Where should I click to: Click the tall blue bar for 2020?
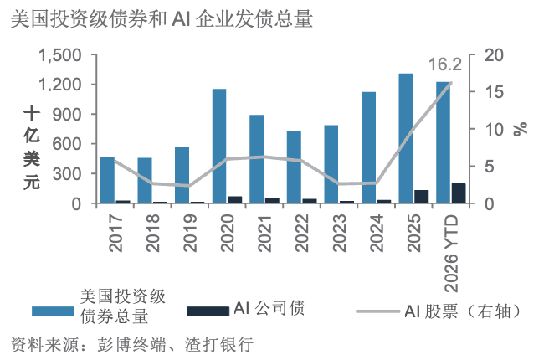[x=219, y=146]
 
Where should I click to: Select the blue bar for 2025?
[x=406, y=138]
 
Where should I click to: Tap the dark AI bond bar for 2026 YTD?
[x=459, y=193]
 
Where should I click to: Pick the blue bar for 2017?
[x=107, y=180]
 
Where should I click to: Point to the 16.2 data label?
[x=445, y=64]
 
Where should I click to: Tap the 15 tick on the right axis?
[x=494, y=92]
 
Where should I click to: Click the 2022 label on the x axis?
[x=302, y=233]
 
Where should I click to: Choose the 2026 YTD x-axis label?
[x=451, y=253]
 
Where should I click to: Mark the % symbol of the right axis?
[x=521, y=129]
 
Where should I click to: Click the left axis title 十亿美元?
[x=32, y=148]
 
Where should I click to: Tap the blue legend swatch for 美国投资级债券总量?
[x=53, y=311]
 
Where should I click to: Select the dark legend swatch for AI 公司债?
[x=208, y=311]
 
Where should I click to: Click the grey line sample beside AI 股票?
[x=377, y=311]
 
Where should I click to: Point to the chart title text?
[x=162, y=19]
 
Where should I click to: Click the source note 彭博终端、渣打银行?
[x=175, y=345]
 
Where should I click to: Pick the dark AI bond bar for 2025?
[x=421, y=197]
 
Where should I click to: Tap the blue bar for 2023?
[x=331, y=164]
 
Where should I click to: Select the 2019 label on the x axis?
[x=190, y=233]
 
